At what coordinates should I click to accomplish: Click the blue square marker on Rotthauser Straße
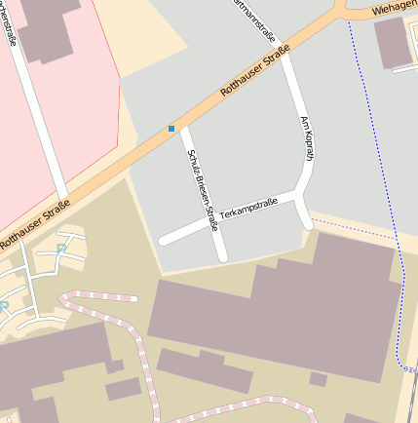[171, 129]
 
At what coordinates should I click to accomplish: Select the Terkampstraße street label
[248, 207]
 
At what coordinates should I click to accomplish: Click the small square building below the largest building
[318, 379]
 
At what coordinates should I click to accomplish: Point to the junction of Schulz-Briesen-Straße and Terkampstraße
[213, 222]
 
